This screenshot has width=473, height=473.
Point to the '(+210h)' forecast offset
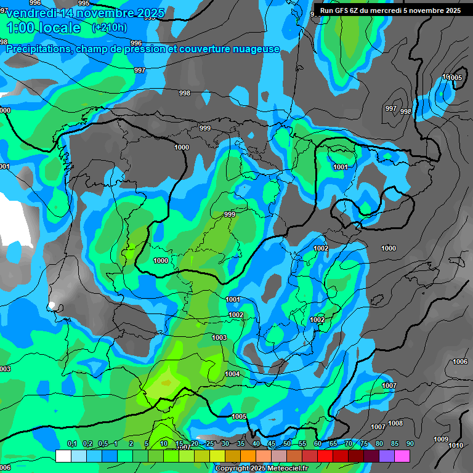point(109,28)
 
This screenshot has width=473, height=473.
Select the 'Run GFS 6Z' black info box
point(390,10)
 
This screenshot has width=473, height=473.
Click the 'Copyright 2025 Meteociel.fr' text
point(261,468)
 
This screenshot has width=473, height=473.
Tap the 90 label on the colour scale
point(410,443)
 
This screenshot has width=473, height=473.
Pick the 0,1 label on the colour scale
point(71,443)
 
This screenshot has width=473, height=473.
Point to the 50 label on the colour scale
point(286,443)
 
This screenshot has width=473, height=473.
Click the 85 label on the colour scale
point(394,443)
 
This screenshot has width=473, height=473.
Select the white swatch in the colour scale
point(63,456)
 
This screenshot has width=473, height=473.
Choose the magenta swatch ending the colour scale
point(402,456)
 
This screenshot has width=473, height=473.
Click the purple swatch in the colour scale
point(386,456)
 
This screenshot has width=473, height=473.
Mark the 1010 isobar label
point(456,445)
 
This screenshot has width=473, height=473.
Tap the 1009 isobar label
point(441,439)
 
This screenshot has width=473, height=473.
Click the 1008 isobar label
point(395,423)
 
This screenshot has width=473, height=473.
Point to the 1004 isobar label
point(232,374)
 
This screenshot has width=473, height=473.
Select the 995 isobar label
point(84,4)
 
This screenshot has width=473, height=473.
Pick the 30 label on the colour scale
point(225,443)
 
